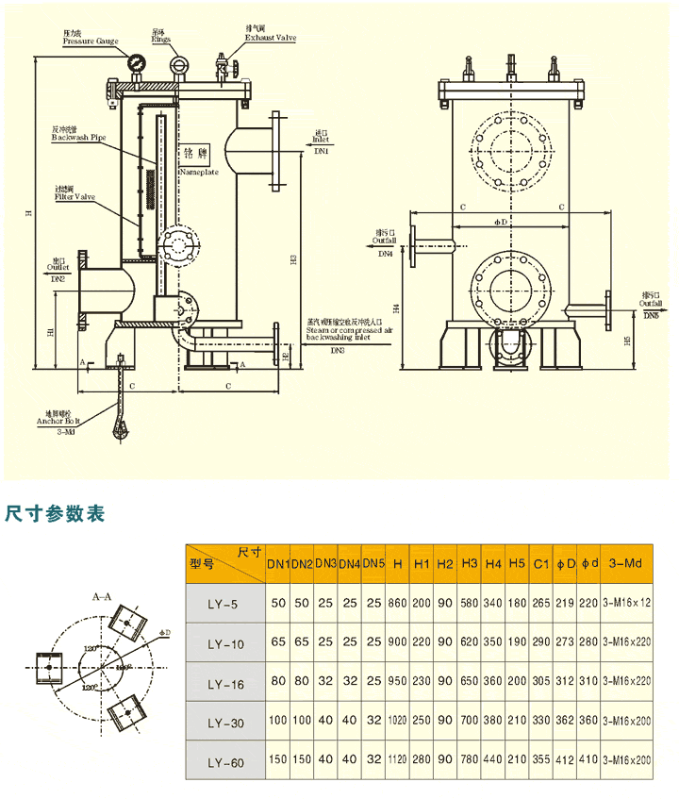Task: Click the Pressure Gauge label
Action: [91, 42]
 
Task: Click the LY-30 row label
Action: [224, 724]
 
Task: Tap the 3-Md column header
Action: [626, 564]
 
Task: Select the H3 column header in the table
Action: [470, 564]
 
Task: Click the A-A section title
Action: [102, 597]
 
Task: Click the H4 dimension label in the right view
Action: [396, 308]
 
